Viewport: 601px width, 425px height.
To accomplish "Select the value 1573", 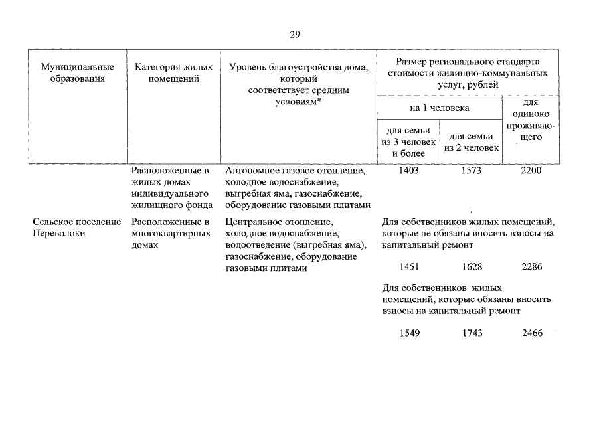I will (x=471, y=171).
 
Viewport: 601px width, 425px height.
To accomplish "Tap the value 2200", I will (x=531, y=171).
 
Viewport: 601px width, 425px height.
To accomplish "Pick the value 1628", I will (x=471, y=266).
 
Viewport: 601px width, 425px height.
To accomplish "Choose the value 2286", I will (x=531, y=266).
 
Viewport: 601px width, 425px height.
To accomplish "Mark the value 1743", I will (x=471, y=333).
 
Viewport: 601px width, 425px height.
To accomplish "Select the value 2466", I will (x=531, y=333).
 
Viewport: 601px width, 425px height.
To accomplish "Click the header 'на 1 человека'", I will (x=439, y=108).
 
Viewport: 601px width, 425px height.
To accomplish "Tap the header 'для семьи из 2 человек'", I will (x=471, y=142).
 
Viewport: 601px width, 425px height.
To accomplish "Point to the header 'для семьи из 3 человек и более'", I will (x=408, y=142).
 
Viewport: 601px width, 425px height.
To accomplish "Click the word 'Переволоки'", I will (x=58, y=233).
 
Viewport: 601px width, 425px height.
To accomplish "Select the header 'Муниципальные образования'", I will (x=77, y=72).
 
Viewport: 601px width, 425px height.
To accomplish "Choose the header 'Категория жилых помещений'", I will (x=173, y=72).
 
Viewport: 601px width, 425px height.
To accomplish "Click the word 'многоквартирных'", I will (x=168, y=233).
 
